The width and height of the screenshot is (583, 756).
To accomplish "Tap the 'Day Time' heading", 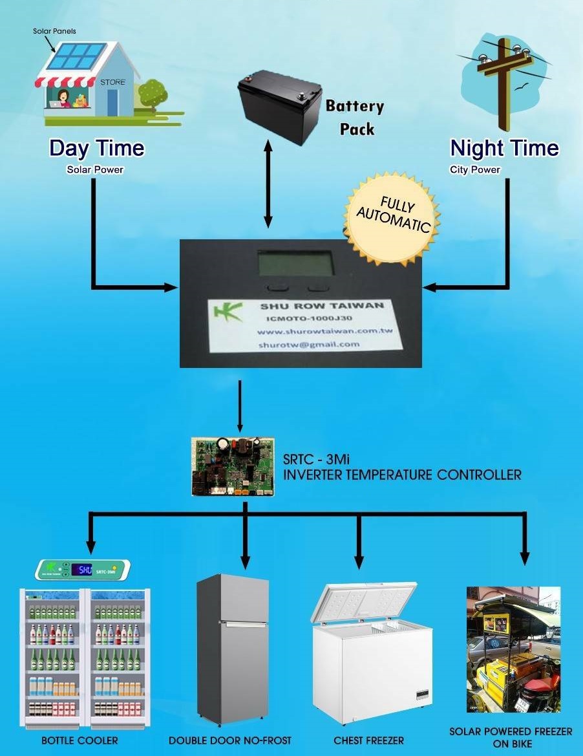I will coord(97,148).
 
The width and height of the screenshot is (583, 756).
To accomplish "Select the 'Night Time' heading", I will coord(504,148).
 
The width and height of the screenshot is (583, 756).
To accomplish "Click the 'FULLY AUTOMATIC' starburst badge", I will coord(392,217).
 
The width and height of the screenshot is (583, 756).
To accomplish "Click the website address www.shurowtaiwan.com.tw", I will coord(324,332).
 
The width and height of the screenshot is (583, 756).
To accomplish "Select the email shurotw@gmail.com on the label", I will coord(309,345).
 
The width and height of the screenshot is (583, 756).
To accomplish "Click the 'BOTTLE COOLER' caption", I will coord(79,740).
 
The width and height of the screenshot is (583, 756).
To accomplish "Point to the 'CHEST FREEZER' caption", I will coord(368,740).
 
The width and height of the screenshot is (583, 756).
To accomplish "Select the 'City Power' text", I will coord(475,170).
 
